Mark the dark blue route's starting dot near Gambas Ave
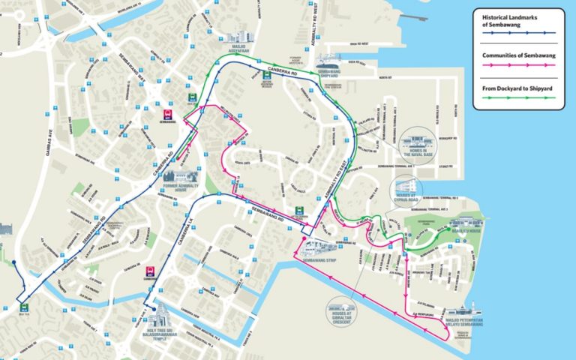[x=14, y=262]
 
